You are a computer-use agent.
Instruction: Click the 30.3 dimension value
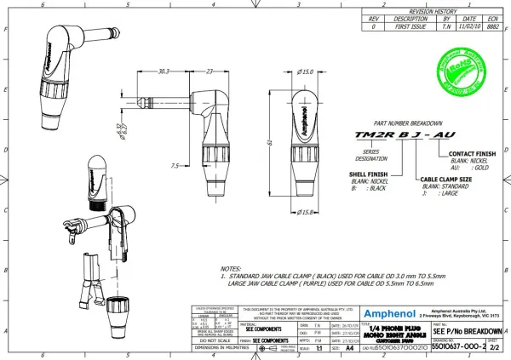[164, 71]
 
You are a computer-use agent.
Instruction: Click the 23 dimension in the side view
[210, 71]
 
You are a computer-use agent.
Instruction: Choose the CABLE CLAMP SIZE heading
[447, 180]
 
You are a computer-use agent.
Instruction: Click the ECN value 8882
[493, 27]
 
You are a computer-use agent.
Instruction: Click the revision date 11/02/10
[468, 27]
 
